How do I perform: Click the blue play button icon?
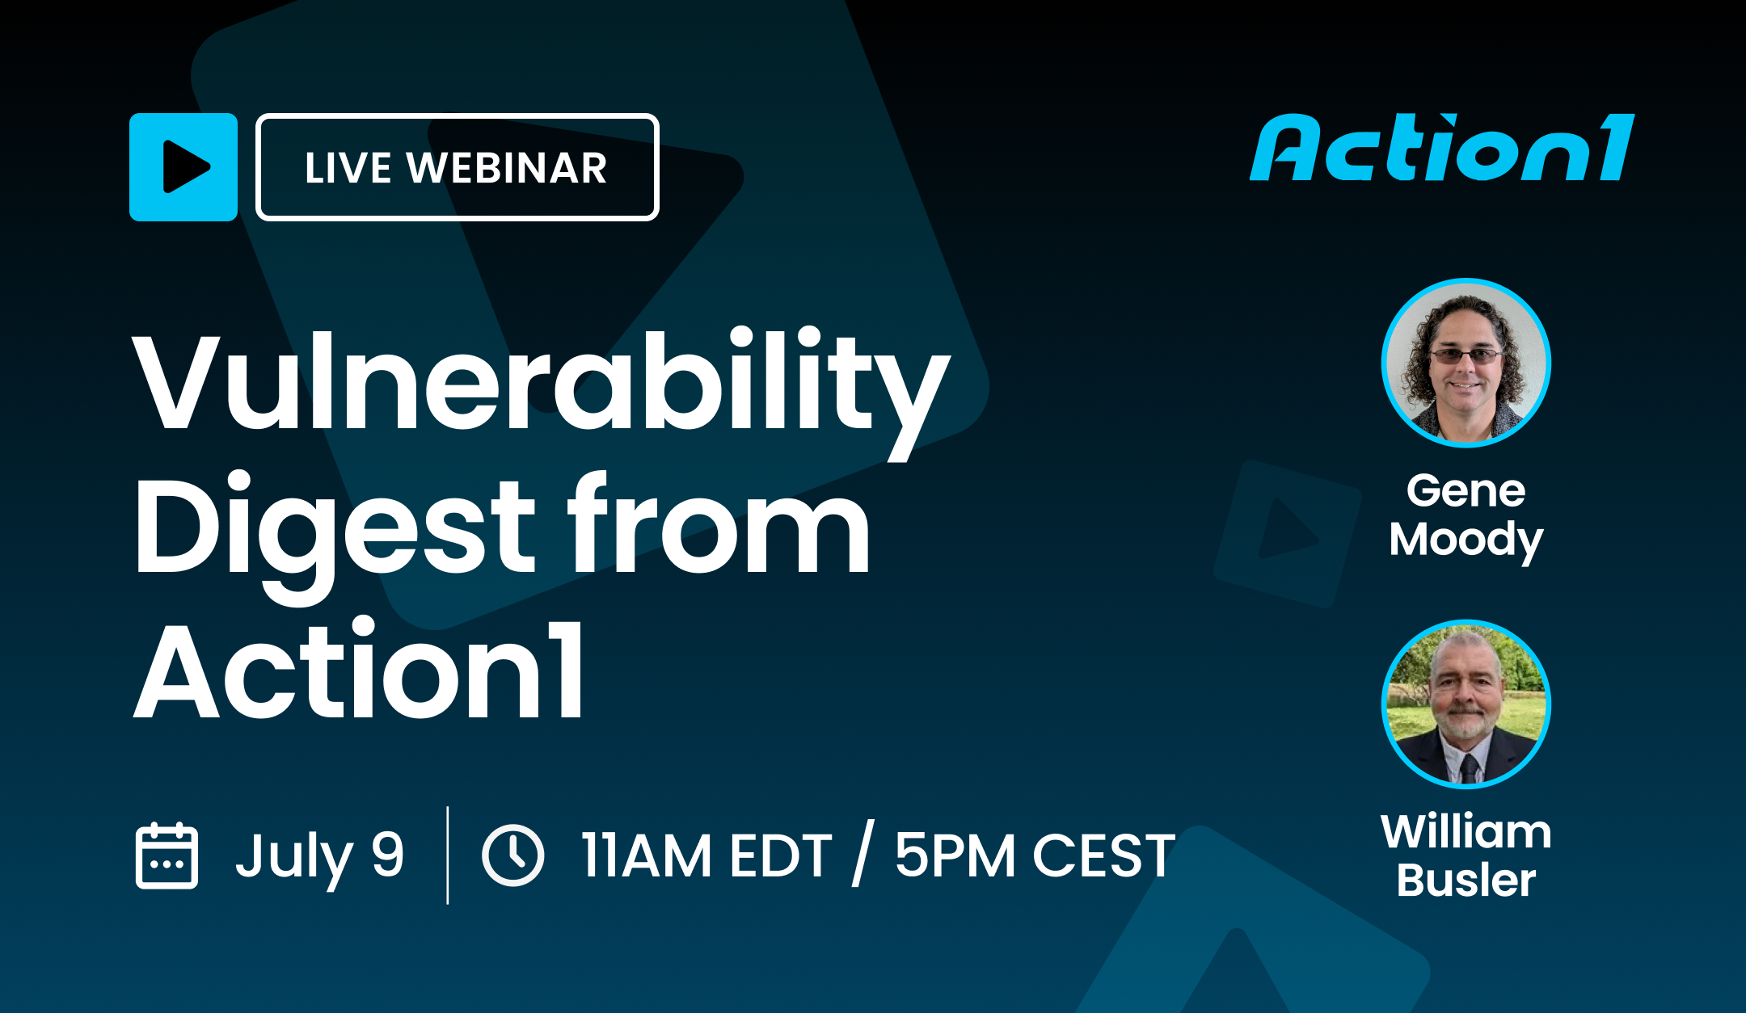pos(183,167)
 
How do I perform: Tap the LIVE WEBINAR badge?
pos(457,167)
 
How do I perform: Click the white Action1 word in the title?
pos(359,670)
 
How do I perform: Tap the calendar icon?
pos(167,855)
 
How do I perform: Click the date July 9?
pos(319,856)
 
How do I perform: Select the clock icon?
pos(512,855)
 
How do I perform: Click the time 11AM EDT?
pos(706,856)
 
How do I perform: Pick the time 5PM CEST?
pos(1035,856)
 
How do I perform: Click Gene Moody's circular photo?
pos(1466,363)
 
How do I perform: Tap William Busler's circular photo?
pos(1466,704)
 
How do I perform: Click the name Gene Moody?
pos(1466,515)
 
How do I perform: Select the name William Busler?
pos(1466,856)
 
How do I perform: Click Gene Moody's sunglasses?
pos(1466,355)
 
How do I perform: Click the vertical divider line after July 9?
pos(448,855)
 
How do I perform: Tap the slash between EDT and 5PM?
pos(862,855)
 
